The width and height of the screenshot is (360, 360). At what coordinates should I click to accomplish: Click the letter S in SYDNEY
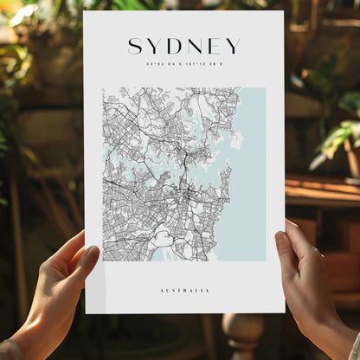coord(135,46)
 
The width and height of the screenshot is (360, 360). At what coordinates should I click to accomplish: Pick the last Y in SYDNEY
coord(233,46)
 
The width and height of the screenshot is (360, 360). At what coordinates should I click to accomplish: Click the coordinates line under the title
coord(184,63)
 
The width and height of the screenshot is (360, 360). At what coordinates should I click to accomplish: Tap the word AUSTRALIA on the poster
coord(184,290)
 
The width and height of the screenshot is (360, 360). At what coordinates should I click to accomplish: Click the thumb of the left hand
coord(87,259)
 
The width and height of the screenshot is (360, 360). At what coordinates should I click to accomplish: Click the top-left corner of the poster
coord(86,13)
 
